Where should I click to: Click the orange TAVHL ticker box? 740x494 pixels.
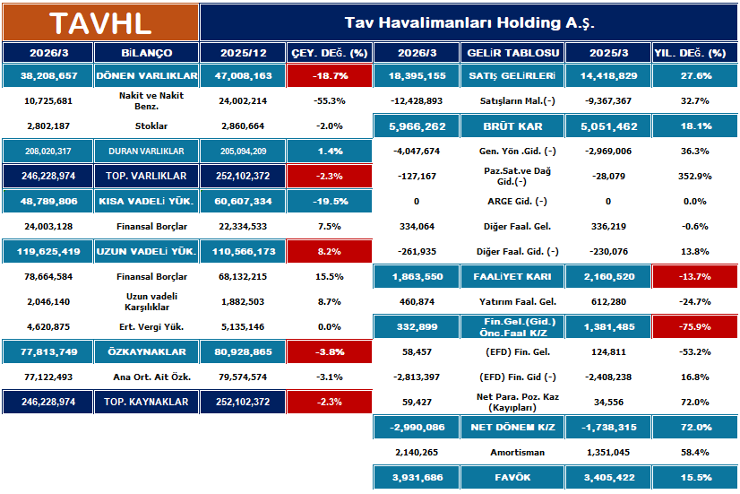click(x=100, y=22)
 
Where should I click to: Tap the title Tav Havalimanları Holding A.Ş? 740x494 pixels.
click(x=469, y=22)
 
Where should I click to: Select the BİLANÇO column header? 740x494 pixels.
click(x=146, y=54)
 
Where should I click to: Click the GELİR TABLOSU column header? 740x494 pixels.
click(x=513, y=54)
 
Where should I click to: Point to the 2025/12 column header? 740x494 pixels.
click(x=243, y=54)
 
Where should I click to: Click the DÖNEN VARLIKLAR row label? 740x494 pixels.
click(x=146, y=76)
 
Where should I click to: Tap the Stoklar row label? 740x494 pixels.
click(x=146, y=126)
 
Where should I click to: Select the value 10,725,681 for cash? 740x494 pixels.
click(x=47, y=101)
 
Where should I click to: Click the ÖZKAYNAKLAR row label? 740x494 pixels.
click(x=146, y=352)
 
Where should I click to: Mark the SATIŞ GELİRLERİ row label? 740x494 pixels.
click(x=513, y=76)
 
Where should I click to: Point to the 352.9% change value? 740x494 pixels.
click(x=695, y=177)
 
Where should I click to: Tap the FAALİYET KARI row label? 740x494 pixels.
click(x=513, y=277)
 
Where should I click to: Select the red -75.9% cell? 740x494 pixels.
click(x=695, y=327)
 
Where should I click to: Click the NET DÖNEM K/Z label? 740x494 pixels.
click(x=513, y=428)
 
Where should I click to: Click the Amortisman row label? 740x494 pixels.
click(x=513, y=453)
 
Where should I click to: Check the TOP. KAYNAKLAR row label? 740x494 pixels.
click(x=146, y=403)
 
